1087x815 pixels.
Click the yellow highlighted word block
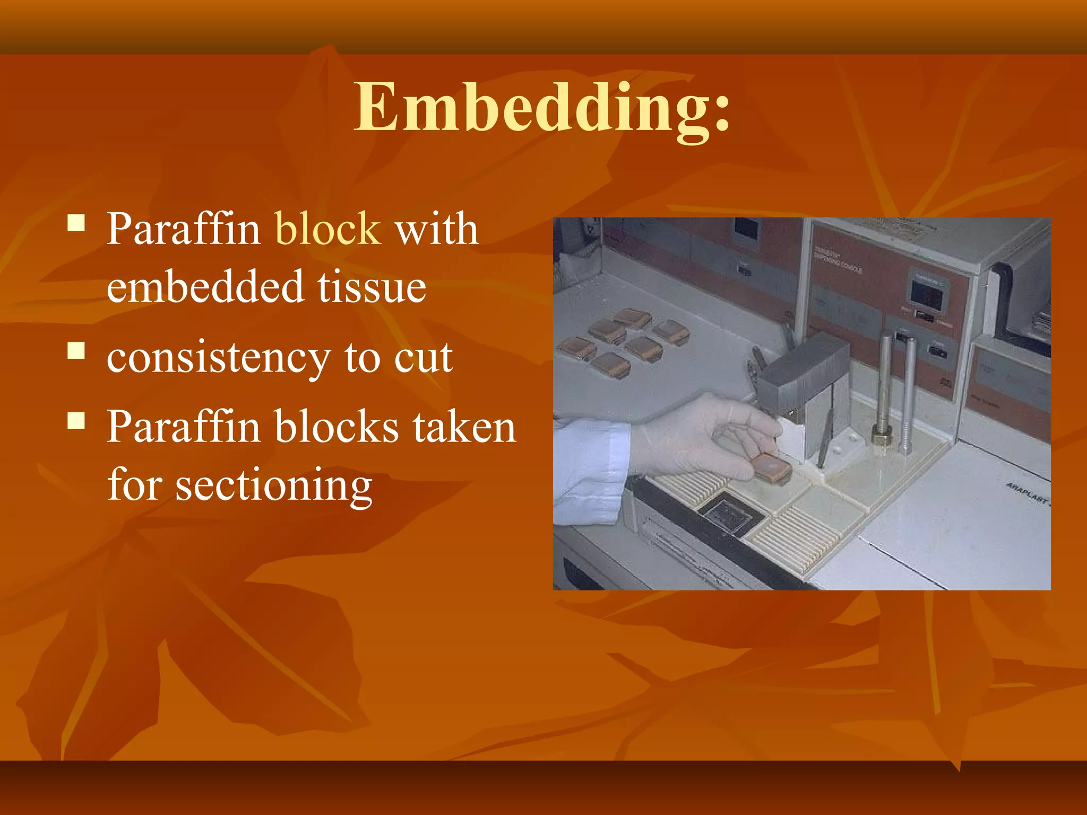[x=327, y=229]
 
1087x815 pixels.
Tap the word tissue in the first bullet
[x=372, y=287]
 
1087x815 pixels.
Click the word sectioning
[x=273, y=485]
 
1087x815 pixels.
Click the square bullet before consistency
[x=76, y=351]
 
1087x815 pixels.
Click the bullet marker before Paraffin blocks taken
[x=76, y=421]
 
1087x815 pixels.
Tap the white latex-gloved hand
[x=701, y=435]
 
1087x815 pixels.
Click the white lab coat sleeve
[x=589, y=467]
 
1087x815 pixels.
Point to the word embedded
[x=204, y=287]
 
